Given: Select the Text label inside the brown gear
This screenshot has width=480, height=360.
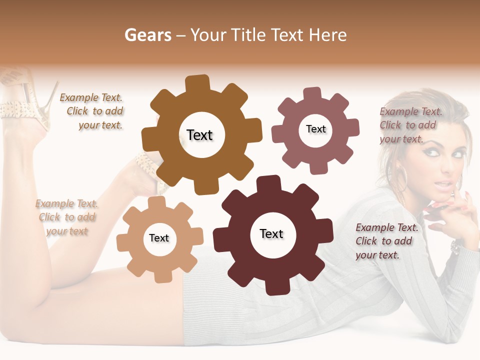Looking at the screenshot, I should (199, 135).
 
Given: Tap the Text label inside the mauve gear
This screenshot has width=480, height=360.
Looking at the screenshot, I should (315, 129).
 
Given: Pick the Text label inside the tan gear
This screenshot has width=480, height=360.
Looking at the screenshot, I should (159, 238).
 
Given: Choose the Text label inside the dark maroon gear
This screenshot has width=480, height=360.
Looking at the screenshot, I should (271, 233).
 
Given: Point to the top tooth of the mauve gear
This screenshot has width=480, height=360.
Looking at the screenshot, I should (312, 94).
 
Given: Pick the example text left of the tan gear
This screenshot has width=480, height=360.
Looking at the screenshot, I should (67, 217).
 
